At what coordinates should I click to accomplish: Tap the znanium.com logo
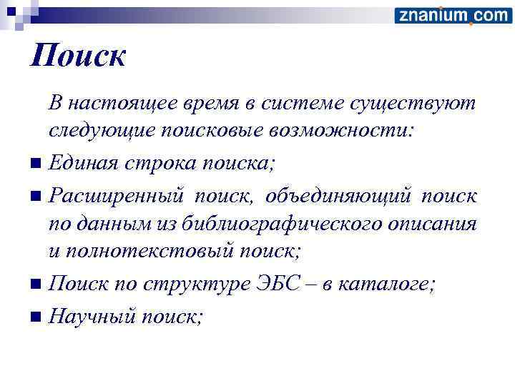(453, 15)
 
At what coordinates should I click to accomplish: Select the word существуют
(413, 104)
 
